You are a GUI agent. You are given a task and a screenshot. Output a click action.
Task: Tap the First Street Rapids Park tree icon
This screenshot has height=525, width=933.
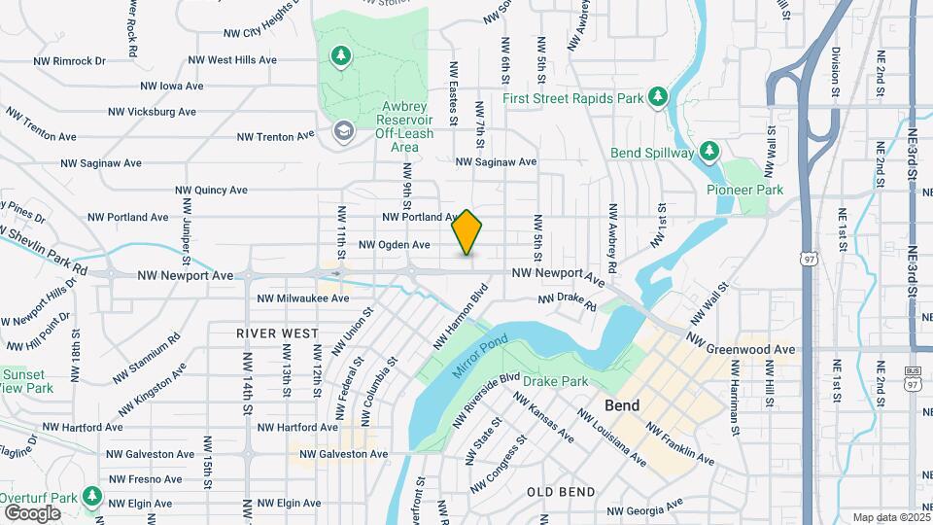658,95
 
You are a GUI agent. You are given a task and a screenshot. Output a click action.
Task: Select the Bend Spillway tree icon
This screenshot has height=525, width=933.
710,151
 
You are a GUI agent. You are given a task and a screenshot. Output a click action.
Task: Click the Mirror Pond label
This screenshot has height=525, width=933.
480,356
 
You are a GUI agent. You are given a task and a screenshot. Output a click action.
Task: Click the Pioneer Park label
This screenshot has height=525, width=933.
744,190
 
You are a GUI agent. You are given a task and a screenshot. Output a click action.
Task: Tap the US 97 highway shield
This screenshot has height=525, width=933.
809,259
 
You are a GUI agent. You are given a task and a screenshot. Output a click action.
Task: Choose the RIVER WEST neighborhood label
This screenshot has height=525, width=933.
278,332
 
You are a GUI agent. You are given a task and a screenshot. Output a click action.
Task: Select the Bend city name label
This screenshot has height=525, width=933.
621,404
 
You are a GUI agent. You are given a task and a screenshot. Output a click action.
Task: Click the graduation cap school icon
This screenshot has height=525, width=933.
342,130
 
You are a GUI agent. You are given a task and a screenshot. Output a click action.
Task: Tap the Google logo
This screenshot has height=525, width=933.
32,512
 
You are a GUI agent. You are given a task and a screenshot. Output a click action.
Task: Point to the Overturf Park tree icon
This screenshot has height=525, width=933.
92,497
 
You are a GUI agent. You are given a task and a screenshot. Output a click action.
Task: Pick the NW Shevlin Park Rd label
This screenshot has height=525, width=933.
44,249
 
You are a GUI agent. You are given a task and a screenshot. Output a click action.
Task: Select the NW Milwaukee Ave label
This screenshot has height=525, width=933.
302,298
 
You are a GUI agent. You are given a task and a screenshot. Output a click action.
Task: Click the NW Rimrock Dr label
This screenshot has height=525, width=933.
69,60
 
